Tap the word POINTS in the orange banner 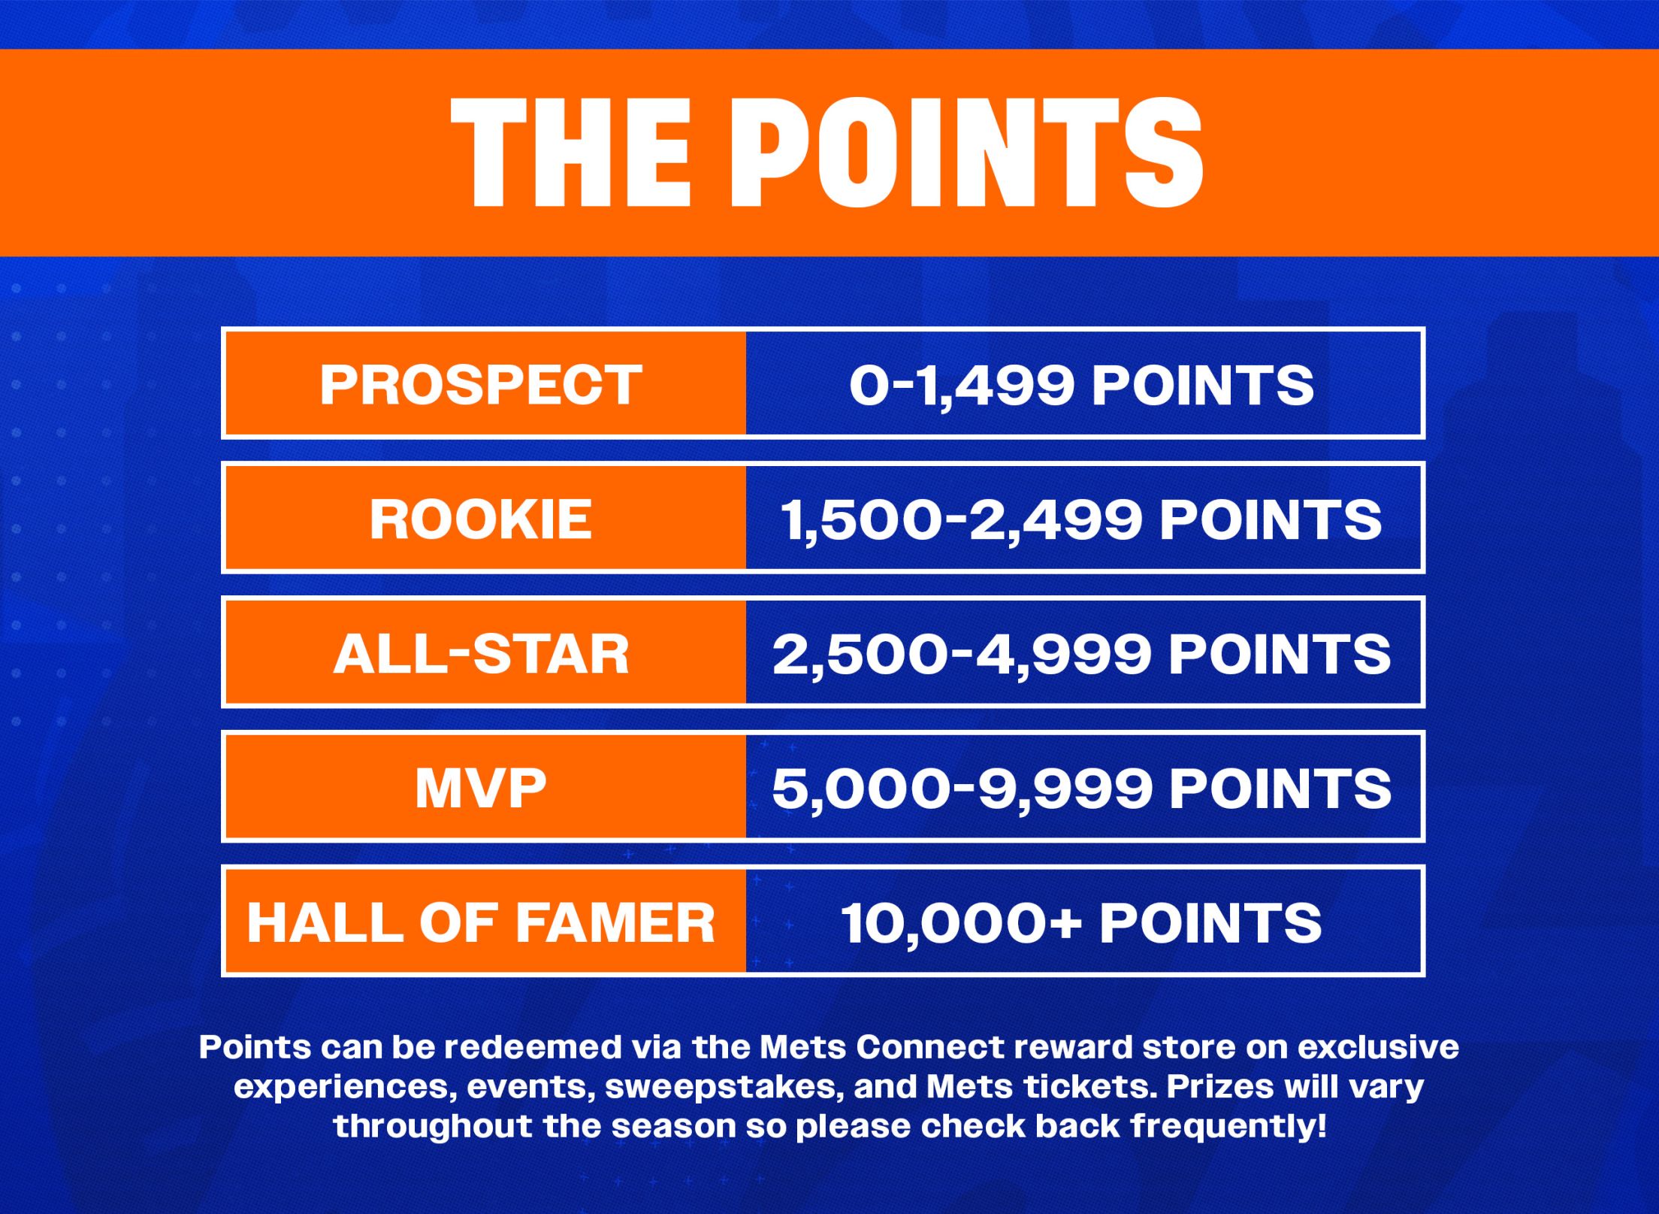tap(969, 153)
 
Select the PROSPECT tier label tap(481, 384)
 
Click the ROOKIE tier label tap(481, 519)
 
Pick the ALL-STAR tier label tap(481, 653)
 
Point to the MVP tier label tap(481, 788)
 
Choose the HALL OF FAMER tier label tap(481, 922)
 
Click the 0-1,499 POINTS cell tap(1082, 384)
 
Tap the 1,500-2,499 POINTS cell tap(1082, 519)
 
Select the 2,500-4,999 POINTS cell tap(1082, 653)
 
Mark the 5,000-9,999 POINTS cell tap(1082, 788)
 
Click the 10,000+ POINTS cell tap(1082, 922)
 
